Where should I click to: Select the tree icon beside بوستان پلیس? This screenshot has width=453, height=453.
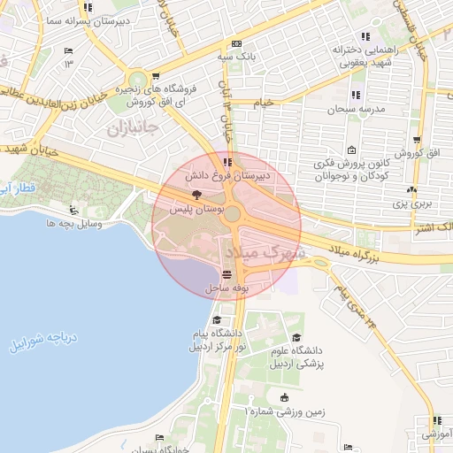pos(196,195)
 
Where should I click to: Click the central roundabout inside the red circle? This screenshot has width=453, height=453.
pos(232,214)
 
